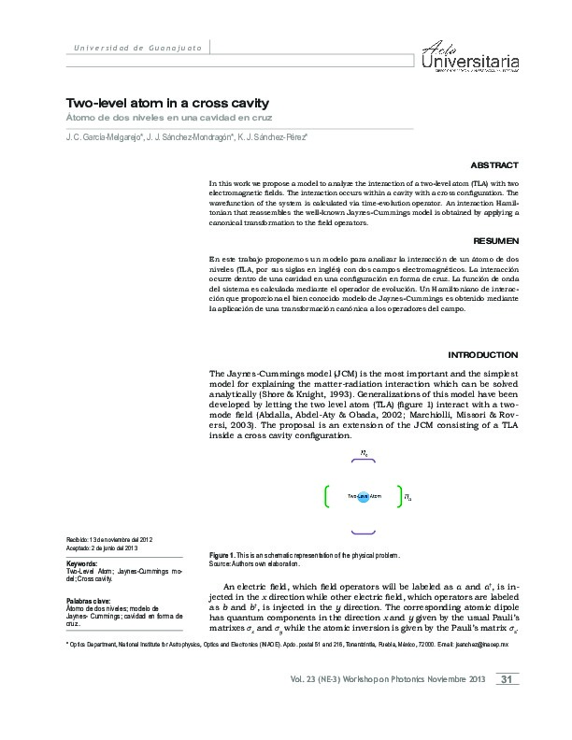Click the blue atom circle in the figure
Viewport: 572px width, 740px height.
tap(364, 495)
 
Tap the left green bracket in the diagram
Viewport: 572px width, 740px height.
tap(324, 495)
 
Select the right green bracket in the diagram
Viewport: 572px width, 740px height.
tap(398, 495)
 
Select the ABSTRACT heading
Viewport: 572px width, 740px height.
tap(495, 163)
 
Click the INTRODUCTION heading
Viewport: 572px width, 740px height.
tap(483, 355)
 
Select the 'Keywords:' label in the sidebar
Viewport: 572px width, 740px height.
tap(83, 563)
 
